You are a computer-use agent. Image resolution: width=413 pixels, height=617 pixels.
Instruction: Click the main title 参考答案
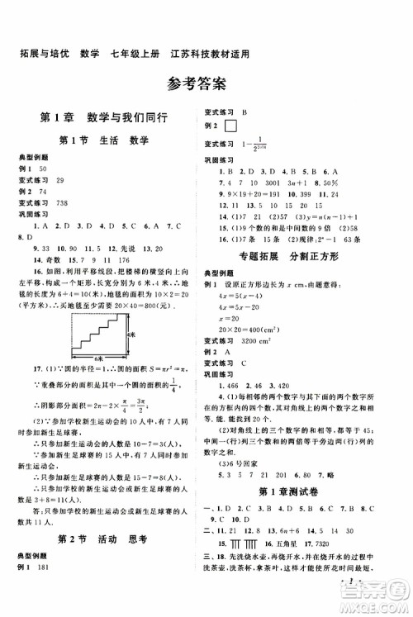pyautogui.click(x=206, y=83)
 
